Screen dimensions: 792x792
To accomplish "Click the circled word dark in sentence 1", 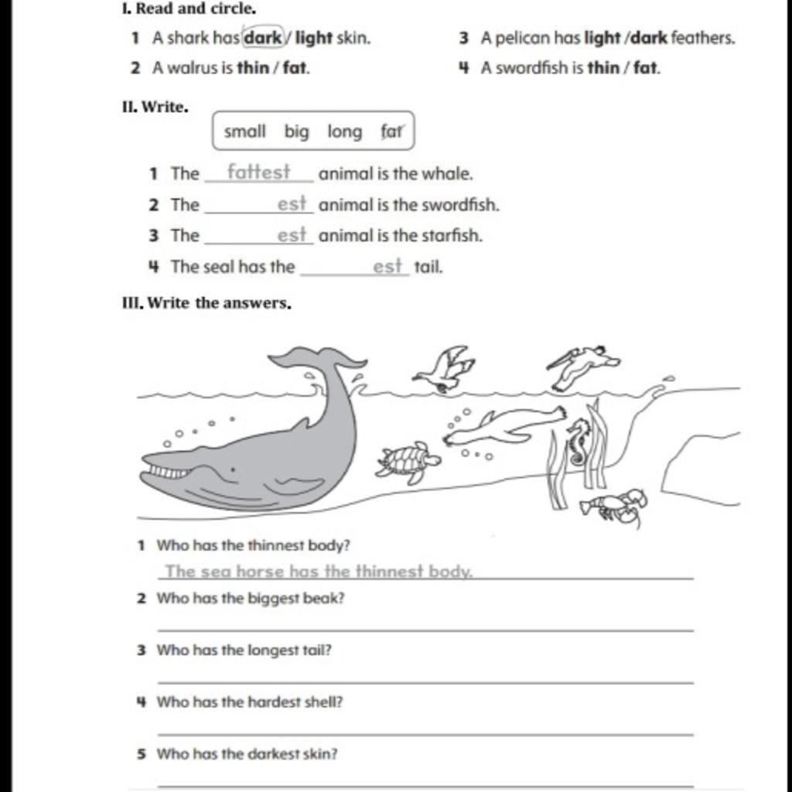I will pos(263,37).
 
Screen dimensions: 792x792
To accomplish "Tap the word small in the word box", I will pos(244,131).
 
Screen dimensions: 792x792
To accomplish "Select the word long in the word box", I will pos(344,131).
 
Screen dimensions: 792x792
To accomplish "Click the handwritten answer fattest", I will pos(258,172).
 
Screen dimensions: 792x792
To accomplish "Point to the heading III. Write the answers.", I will pos(207,303).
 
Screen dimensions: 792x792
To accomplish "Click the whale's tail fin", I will pos(317,359).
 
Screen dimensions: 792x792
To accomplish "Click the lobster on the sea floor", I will pos(615,505).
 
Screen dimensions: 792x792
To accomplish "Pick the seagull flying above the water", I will pos(445,369).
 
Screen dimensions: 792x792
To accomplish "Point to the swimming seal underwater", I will pos(503,426).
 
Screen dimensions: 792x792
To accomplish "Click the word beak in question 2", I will pos(327,598).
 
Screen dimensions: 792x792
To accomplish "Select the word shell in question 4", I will pos(325,702).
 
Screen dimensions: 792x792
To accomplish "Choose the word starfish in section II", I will pos(451,235).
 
